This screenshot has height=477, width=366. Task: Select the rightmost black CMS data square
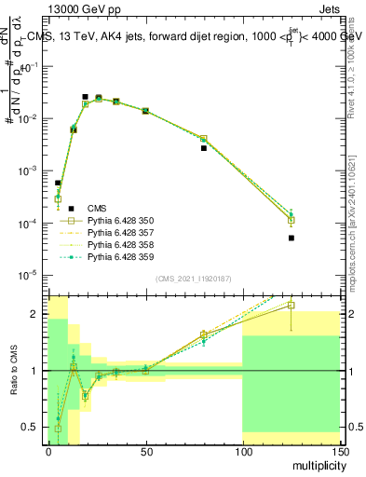click(291, 238)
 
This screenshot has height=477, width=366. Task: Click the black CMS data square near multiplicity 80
click(203, 148)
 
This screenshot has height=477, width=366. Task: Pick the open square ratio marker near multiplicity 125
click(291, 305)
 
